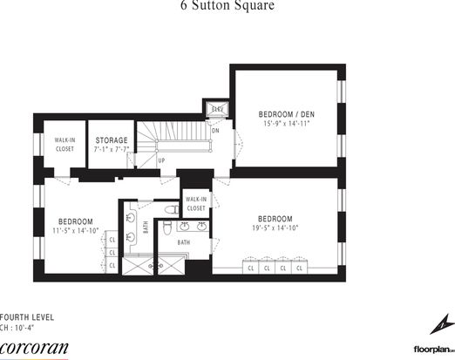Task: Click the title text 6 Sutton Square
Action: click(227, 6)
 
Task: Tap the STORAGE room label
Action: click(112, 140)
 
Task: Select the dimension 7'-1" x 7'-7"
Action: click(112, 150)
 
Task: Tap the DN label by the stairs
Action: click(215, 131)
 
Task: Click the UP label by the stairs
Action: click(161, 161)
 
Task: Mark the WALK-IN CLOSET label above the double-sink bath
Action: click(196, 204)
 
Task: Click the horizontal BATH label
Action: click(184, 242)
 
